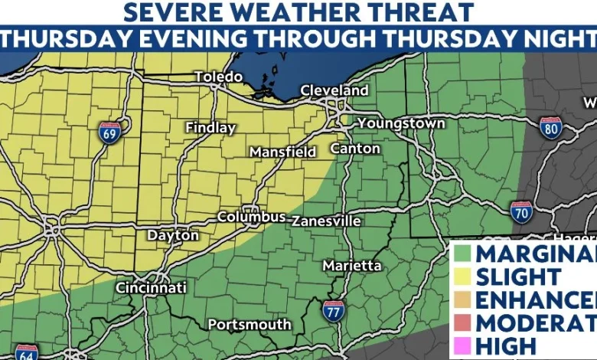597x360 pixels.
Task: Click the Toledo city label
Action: (218, 77)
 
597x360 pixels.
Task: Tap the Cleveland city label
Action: (334, 90)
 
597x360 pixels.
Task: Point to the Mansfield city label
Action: (282, 152)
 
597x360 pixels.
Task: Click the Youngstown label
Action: (401, 123)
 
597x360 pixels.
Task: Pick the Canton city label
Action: (355, 148)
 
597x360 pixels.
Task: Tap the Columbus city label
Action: (251, 217)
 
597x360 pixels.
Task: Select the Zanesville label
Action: (325, 221)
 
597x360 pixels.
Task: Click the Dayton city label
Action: (172, 236)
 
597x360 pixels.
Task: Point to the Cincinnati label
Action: (151, 288)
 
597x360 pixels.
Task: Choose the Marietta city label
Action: (352, 265)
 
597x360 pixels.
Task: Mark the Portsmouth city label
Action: (250, 325)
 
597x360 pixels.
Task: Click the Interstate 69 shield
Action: (109, 133)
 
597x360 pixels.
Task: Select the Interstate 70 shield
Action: (522, 212)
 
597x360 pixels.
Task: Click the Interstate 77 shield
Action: (333, 311)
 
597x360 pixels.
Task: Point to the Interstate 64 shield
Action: (26, 352)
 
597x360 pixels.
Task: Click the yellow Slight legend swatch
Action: (461, 277)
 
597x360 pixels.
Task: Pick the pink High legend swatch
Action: (461, 345)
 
